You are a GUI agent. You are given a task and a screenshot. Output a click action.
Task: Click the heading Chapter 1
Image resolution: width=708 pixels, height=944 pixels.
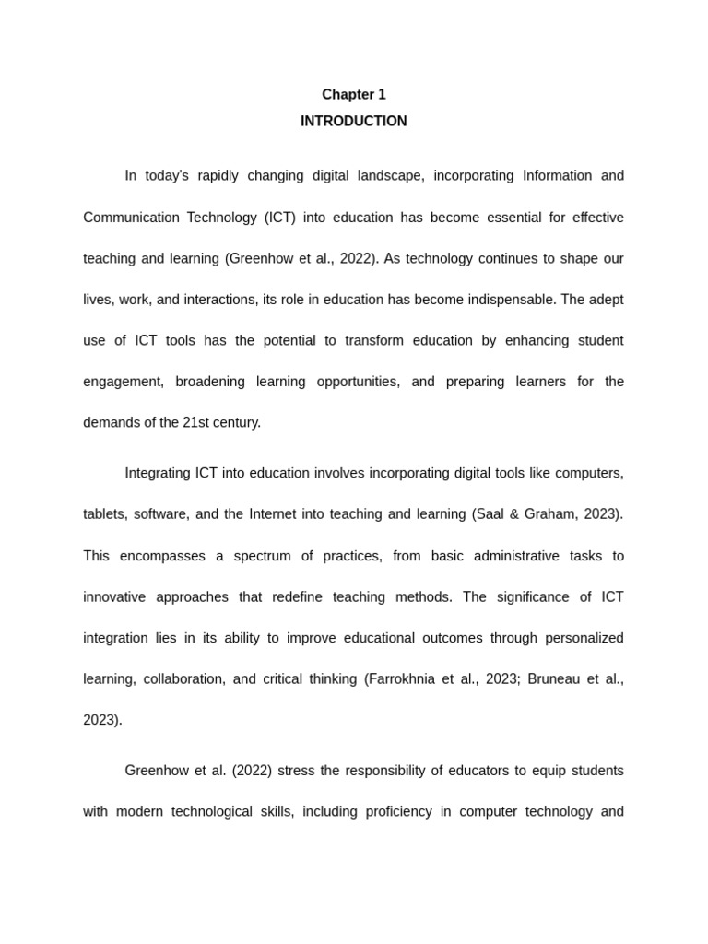(x=353, y=94)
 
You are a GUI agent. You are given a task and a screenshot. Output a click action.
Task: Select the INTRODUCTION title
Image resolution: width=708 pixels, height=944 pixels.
(x=353, y=121)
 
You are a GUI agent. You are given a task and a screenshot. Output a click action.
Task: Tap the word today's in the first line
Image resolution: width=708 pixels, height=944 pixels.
(x=167, y=175)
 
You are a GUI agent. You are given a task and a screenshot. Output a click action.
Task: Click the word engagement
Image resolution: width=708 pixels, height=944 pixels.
(x=123, y=381)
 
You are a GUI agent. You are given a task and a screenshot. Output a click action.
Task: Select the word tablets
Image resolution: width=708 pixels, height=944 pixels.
(x=104, y=513)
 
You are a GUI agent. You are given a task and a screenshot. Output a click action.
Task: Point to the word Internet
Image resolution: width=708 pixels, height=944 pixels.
(x=278, y=513)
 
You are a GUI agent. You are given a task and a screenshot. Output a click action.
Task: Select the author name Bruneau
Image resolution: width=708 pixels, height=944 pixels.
(x=554, y=678)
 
